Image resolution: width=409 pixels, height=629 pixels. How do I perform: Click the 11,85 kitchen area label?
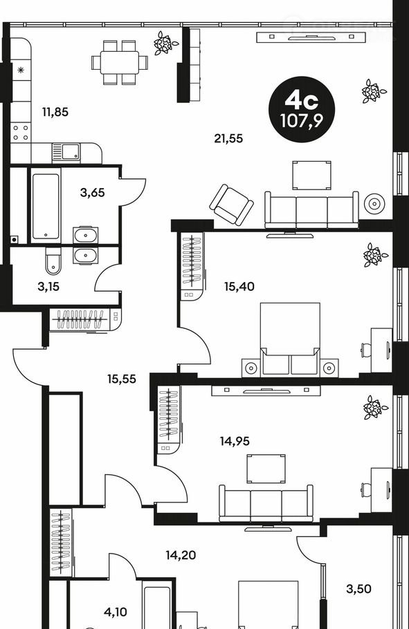click(x=55, y=112)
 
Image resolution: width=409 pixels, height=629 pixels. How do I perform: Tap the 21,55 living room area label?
click(x=228, y=138)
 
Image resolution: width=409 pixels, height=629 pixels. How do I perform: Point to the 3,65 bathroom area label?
click(x=93, y=193)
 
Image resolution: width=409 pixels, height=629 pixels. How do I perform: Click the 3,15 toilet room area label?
click(x=48, y=286)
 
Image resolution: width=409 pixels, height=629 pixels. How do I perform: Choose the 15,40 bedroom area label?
click(x=239, y=286)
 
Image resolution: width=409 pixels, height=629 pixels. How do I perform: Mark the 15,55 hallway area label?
click(x=122, y=379)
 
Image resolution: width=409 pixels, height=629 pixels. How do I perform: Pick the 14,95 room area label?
click(x=235, y=441)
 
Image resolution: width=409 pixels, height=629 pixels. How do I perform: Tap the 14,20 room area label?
click(x=181, y=555)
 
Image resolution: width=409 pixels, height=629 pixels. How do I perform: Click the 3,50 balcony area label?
click(x=358, y=589)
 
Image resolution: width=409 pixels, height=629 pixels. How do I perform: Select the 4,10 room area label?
click(x=116, y=612)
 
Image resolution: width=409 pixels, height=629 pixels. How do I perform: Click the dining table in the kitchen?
click(x=119, y=63)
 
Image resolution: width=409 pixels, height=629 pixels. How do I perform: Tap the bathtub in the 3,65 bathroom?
click(x=46, y=206)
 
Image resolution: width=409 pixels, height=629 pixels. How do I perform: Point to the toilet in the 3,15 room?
click(x=53, y=261)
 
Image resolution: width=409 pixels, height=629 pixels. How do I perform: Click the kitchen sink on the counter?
click(x=66, y=153)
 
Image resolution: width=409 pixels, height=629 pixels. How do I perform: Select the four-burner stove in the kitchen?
click(x=21, y=133)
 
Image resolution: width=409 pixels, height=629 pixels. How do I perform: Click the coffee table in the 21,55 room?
click(x=312, y=175)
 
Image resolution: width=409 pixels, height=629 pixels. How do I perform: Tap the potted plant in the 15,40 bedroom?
click(x=374, y=255)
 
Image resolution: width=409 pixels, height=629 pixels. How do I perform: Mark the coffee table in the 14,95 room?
click(x=266, y=469)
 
